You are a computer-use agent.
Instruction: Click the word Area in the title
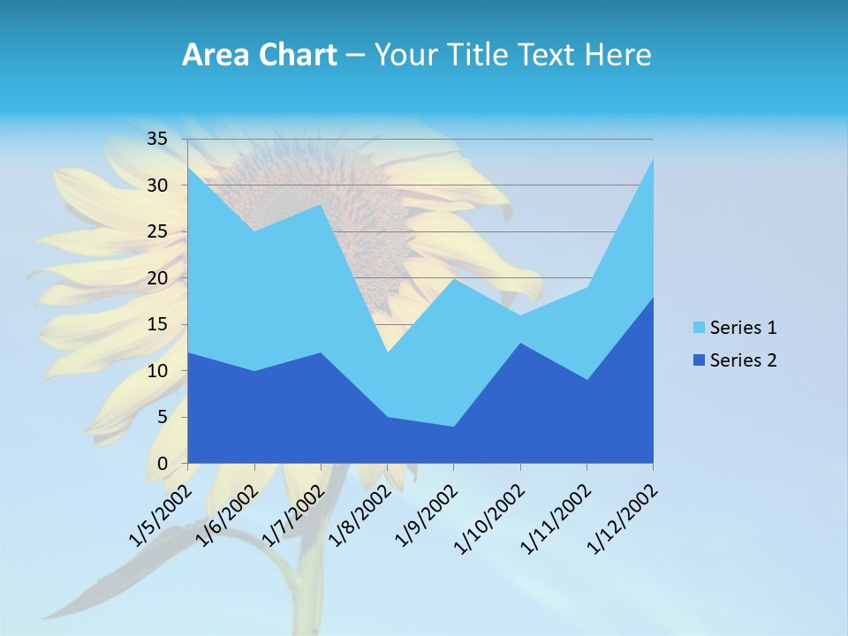coord(213,56)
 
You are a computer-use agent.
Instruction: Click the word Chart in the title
coord(293,56)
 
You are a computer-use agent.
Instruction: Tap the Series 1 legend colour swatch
coord(700,328)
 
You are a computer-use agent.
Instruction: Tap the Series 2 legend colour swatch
coord(700,360)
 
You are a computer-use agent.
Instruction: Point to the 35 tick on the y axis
coord(157,139)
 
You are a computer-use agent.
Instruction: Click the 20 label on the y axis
coord(157,278)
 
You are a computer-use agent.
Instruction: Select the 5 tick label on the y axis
coord(162,417)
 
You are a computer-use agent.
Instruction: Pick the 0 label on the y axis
coord(162,464)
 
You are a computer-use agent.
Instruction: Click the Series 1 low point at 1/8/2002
coord(387,352)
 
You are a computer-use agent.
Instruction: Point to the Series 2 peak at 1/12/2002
coord(653,297)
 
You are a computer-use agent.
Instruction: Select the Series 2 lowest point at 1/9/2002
coord(453,427)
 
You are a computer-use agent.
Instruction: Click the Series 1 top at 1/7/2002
coord(321,204)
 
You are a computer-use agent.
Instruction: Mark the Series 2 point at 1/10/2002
coord(519,343)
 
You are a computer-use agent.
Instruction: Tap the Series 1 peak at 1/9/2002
coord(453,278)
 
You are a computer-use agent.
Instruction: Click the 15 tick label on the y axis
coord(157,324)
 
